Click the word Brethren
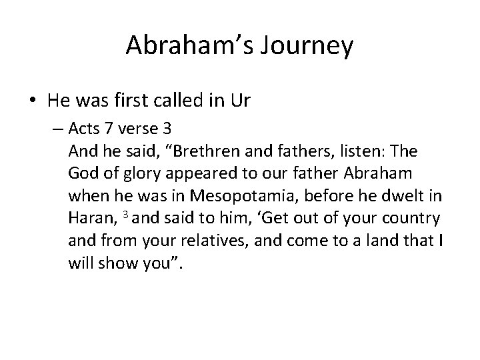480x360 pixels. (x=218, y=153)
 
